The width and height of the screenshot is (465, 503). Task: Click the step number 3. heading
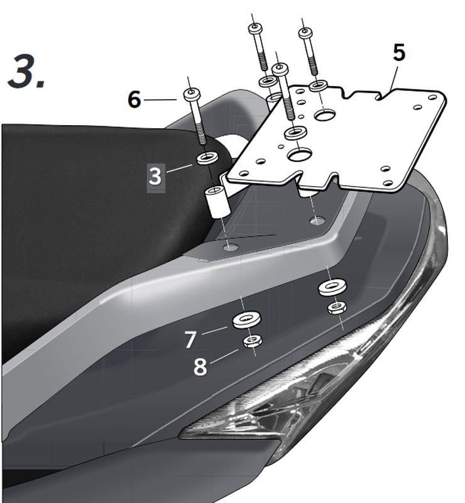pos(26,71)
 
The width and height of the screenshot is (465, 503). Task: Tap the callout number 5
pos(399,53)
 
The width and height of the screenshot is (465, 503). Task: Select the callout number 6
pos(134,99)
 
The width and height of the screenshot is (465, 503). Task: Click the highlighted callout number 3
pos(156,176)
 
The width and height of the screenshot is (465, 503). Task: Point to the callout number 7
pos(190,340)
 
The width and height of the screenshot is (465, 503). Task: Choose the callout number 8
pos(200,367)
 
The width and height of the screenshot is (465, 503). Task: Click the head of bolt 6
pos(192,94)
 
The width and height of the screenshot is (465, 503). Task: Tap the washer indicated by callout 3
pos(207,158)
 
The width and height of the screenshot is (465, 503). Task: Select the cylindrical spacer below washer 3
pos(217,201)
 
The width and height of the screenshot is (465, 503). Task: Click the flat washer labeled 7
pos(246,319)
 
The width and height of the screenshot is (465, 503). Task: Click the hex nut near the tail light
pos(337,308)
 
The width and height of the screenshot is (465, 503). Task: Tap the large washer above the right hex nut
pos(332,287)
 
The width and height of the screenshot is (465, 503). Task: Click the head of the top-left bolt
pos(255,28)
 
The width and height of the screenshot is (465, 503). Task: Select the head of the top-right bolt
pos(305,33)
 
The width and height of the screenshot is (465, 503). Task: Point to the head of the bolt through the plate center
pos(280,69)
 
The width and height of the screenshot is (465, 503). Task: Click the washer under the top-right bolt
pos(319,86)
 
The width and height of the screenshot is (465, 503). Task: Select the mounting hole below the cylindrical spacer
pos(231,247)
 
